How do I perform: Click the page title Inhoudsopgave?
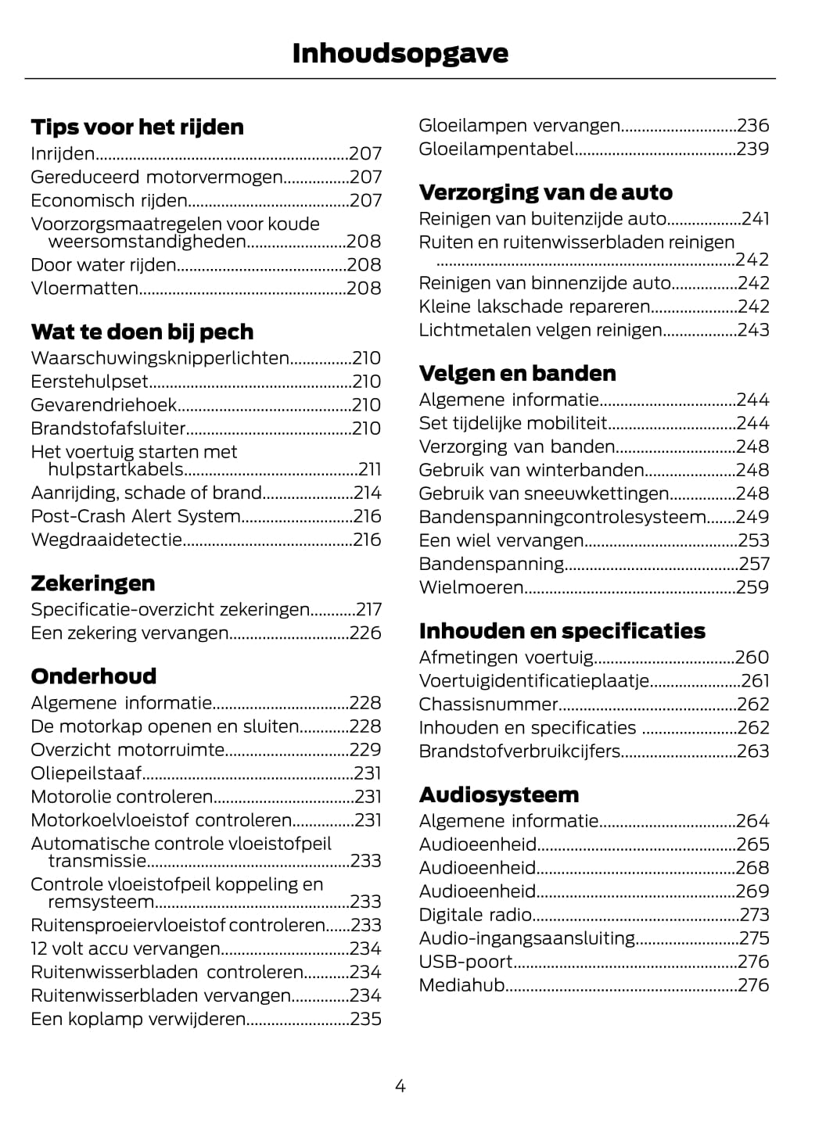[x=400, y=53]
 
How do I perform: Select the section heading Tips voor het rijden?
[x=137, y=127]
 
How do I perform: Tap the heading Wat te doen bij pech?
[x=142, y=332]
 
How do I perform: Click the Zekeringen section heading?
[x=92, y=583]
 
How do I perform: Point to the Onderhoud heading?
[x=93, y=676]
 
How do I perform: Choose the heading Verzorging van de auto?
[x=545, y=192]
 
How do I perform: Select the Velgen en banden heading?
[x=517, y=373]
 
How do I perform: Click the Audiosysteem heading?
[x=498, y=794]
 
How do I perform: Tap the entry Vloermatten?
[x=84, y=289]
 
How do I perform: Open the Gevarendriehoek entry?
[x=103, y=405]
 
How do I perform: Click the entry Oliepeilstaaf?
[x=86, y=773]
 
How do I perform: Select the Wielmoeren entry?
[x=471, y=587]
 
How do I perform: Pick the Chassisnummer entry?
[x=488, y=705]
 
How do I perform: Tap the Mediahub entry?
[x=461, y=985]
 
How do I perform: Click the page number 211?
[x=369, y=469]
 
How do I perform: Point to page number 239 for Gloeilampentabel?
[x=752, y=149]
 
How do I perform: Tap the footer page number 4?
[x=400, y=1085]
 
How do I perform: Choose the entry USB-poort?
[x=465, y=962]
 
